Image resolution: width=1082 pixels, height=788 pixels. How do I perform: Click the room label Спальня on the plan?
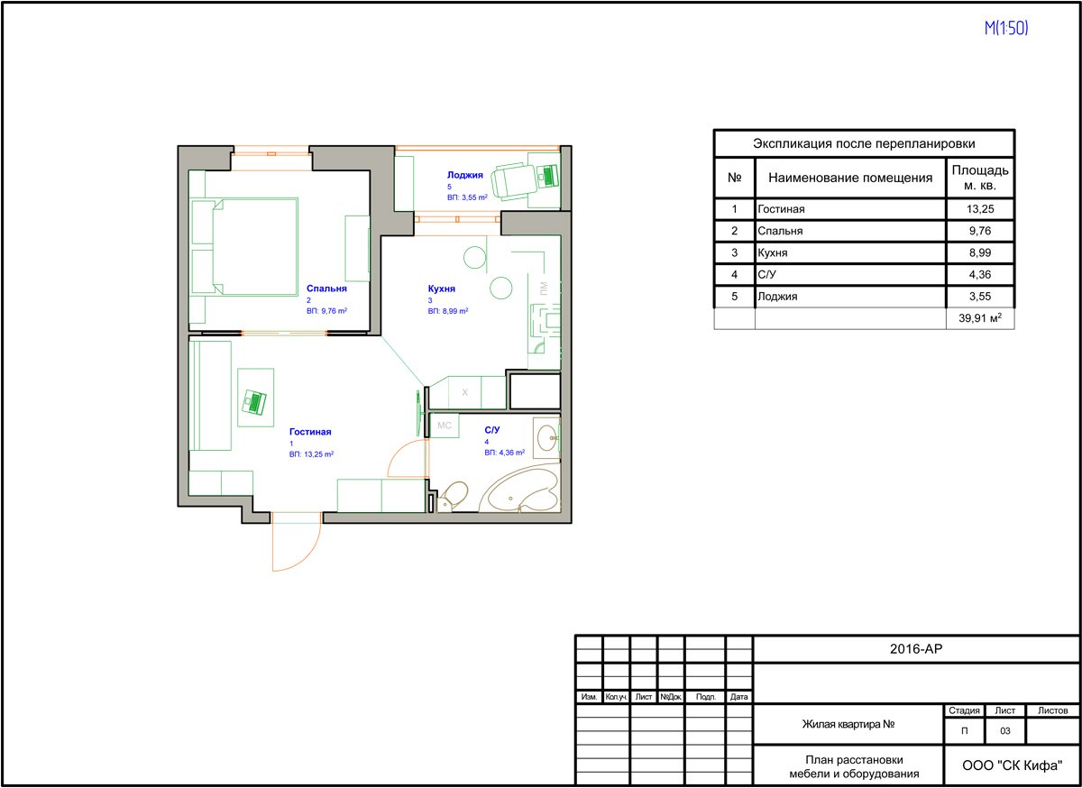click(x=326, y=289)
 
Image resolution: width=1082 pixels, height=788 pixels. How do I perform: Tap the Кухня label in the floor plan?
click(x=442, y=289)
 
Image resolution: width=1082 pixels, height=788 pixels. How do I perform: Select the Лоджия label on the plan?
click(x=464, y=175)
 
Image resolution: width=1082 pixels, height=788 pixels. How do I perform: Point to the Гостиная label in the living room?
click(x=310, y=432)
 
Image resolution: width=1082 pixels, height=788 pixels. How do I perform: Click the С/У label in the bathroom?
click(x=491, y=429)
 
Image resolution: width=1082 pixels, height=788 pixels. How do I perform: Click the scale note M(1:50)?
click(x=1006, y=28)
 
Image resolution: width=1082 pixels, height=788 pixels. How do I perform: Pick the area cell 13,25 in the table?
click(x=980, y=209)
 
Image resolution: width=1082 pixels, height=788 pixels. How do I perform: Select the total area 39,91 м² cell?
click(x=980, y=318)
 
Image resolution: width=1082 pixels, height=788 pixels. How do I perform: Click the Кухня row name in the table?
click(x=773, y=252)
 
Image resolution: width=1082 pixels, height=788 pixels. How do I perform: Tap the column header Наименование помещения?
click(x=850, y=178)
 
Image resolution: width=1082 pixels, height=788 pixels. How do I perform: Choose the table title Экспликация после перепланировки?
click(x=864, y=143)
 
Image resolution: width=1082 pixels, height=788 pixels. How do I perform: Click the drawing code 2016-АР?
click(x=916, y=649)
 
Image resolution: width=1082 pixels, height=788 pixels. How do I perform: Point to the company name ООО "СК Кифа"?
click(x=1012, y=765)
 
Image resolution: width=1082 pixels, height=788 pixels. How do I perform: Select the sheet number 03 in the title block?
click(x=1004, y=731)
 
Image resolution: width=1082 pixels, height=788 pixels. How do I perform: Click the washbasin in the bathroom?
click(x=549, y=437)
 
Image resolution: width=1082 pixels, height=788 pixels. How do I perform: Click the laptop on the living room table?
click(x=254, y=401)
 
